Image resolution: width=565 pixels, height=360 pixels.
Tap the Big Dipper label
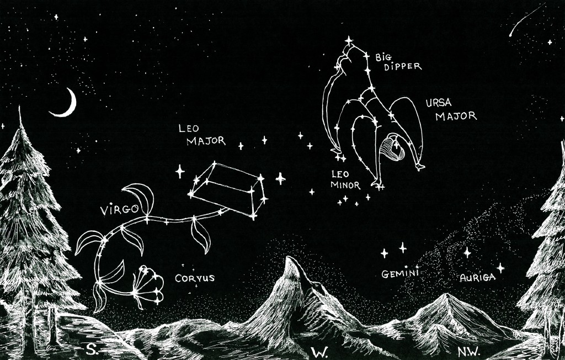[x=398, y=61]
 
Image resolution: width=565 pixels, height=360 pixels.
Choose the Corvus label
[x=194, y=278]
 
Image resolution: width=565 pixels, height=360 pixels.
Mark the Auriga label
[x=477, y=278]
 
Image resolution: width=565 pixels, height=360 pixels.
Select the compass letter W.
[x=318, y=352]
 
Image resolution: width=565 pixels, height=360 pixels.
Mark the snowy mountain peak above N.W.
[x=445, y=298]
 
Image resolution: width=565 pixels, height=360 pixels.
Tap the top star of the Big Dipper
[x=349, y=41]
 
